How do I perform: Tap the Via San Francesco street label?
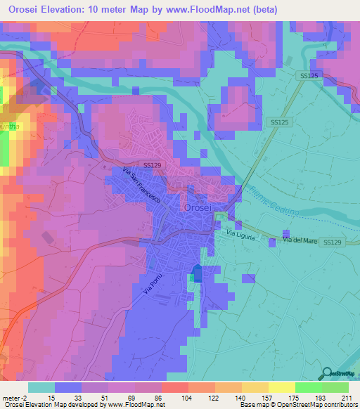click(x=142, y=186)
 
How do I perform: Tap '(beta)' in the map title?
click(x=264, y=9)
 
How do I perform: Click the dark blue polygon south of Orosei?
click(x=198, y=274)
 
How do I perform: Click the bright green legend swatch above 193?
click(x=309, y=387)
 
